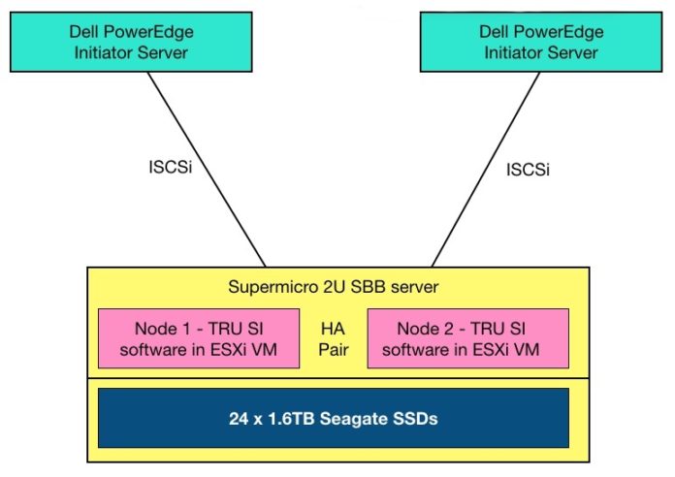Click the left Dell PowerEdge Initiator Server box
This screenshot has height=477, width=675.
[x=131, y=42]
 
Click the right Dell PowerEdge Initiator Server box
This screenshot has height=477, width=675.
[x=541, y=42]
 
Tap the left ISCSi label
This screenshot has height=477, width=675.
[x=171, y=167]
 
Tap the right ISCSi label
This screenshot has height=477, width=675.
[x=528, y=170]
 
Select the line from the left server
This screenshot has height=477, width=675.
[x=207, y=170]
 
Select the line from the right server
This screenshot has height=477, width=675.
[x=486, y=170]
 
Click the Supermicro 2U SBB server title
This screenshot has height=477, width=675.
[x=334, y=287]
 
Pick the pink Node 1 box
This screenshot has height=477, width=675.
[x=199, y=338]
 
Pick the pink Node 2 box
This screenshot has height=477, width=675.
[x=467, y=338]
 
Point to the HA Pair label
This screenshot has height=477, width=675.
[x=334, y=339]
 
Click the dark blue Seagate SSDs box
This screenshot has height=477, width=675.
[x=334, y=418]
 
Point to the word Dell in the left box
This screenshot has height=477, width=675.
[x=84, y=32]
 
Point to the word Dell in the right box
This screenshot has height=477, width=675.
[x=494, y=32]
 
